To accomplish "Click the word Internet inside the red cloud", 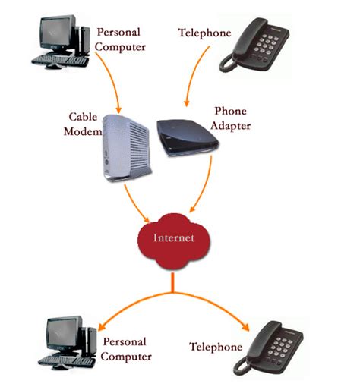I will (x=174, y=237).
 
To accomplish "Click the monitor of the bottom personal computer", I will (x=64, y=332).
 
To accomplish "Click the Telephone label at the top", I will (x=204, y=33).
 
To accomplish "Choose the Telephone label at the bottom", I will (x=216, y=347).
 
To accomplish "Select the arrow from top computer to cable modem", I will (x=106, y=83).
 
